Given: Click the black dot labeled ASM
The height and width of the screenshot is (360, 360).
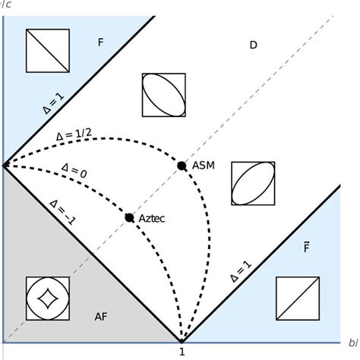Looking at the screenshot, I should [181, 166].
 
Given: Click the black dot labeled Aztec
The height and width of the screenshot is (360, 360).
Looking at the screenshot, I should [129, 217].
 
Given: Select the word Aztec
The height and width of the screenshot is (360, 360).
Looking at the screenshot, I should [152, 218].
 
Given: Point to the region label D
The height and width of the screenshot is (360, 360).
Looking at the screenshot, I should [254, 46].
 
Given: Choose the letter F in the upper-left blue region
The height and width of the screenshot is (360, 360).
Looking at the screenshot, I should [100, 43].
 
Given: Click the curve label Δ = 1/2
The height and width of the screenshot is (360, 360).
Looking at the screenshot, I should [75, 135].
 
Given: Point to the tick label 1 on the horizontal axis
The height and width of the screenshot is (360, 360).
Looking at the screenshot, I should [182, 352].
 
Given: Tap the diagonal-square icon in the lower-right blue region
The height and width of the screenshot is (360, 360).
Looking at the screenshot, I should [297, 298].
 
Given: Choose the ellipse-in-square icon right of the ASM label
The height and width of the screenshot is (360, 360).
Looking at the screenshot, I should [252, 183].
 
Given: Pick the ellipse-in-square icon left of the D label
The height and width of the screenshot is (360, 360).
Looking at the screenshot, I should [163, 94].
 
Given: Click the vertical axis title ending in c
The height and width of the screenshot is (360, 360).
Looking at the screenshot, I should [6, 5].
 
